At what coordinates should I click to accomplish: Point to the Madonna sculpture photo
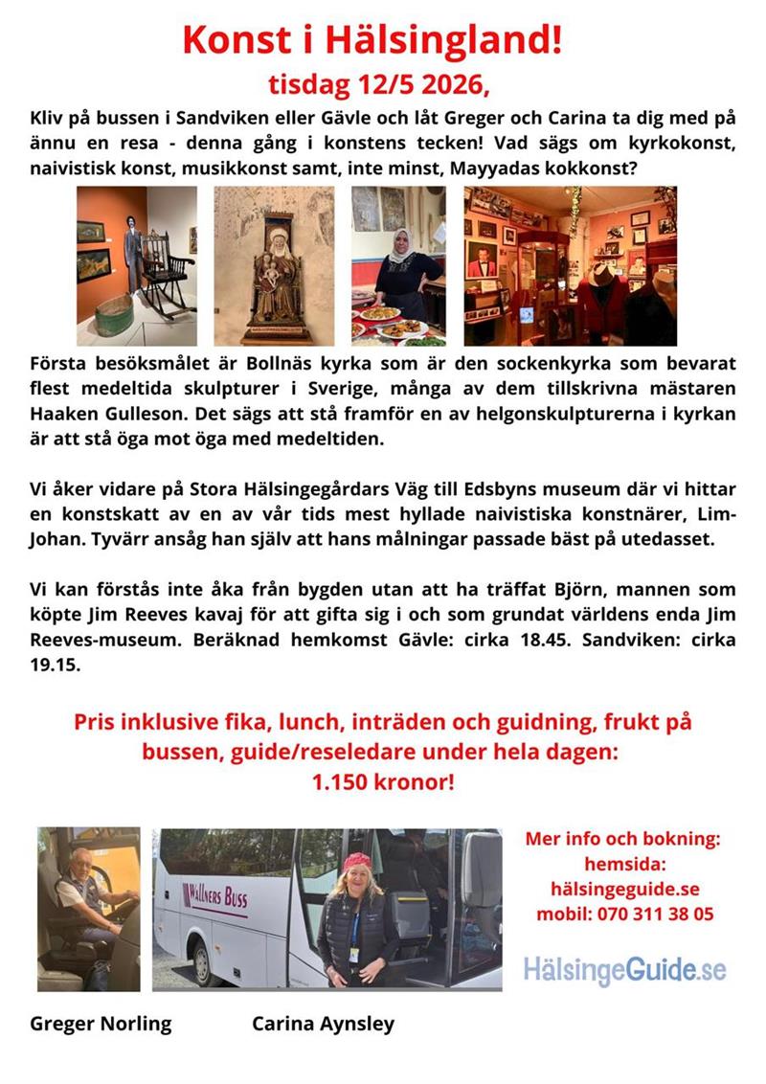[x=274, y=265]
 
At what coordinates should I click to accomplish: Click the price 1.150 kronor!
[x=382, y=781]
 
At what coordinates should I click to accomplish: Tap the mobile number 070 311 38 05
[x=655, y=914]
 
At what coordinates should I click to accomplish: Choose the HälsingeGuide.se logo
[x=624, y=969]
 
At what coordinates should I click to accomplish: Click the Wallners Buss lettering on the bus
[x=216, y=898]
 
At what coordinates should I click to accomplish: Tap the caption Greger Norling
[x=101, y=1024]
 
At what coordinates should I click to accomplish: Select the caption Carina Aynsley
[x=323, y=1024]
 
